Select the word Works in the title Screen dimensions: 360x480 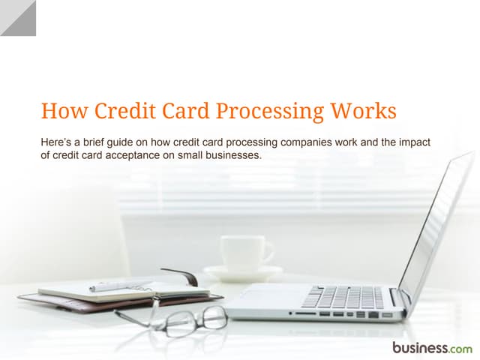pyautogui.click(x=364, y=112)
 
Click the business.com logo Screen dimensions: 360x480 pyautogui.click(x=432, y=347)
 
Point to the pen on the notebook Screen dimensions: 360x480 pyautogui.click(x=120, y=285)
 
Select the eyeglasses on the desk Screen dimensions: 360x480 pyautogui.click(x=180, y=319)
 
